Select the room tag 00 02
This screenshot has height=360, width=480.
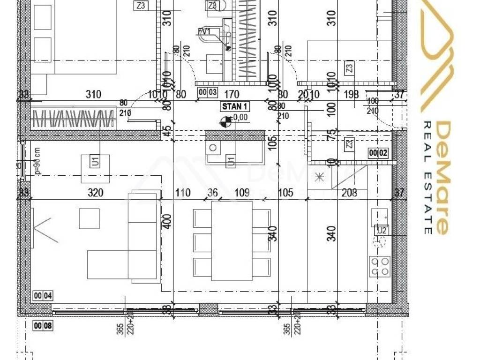point(379,152)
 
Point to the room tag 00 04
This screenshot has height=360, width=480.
point(43,295)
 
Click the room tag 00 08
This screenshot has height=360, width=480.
point(43,325)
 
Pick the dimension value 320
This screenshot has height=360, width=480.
point(96,192)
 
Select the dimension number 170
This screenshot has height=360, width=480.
point(232,95)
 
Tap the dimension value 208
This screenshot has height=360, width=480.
point(350,192)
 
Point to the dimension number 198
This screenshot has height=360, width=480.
point(351,95)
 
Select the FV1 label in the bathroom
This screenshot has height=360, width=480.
point(204,31)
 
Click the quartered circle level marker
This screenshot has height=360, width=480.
point(225,123)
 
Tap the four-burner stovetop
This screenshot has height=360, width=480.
point(379,266)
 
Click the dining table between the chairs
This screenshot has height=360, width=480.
point(232,240)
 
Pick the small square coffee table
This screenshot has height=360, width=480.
point(89,219)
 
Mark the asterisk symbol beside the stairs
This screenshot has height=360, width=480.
point(319,177)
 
